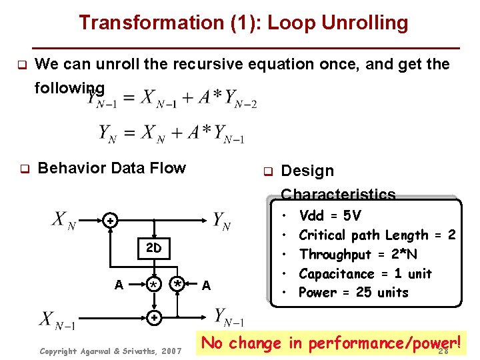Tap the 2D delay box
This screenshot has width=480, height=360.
[154, 249]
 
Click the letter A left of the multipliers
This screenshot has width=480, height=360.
[118, 285]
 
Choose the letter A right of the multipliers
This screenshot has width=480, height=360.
[207, 285]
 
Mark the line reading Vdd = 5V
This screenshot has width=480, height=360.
[330, 215]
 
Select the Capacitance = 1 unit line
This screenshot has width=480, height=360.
[365, 273]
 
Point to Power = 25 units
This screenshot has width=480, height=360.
[353, 292]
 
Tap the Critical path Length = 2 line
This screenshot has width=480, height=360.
[377, 235]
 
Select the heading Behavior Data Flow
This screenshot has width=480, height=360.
[112, 168]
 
